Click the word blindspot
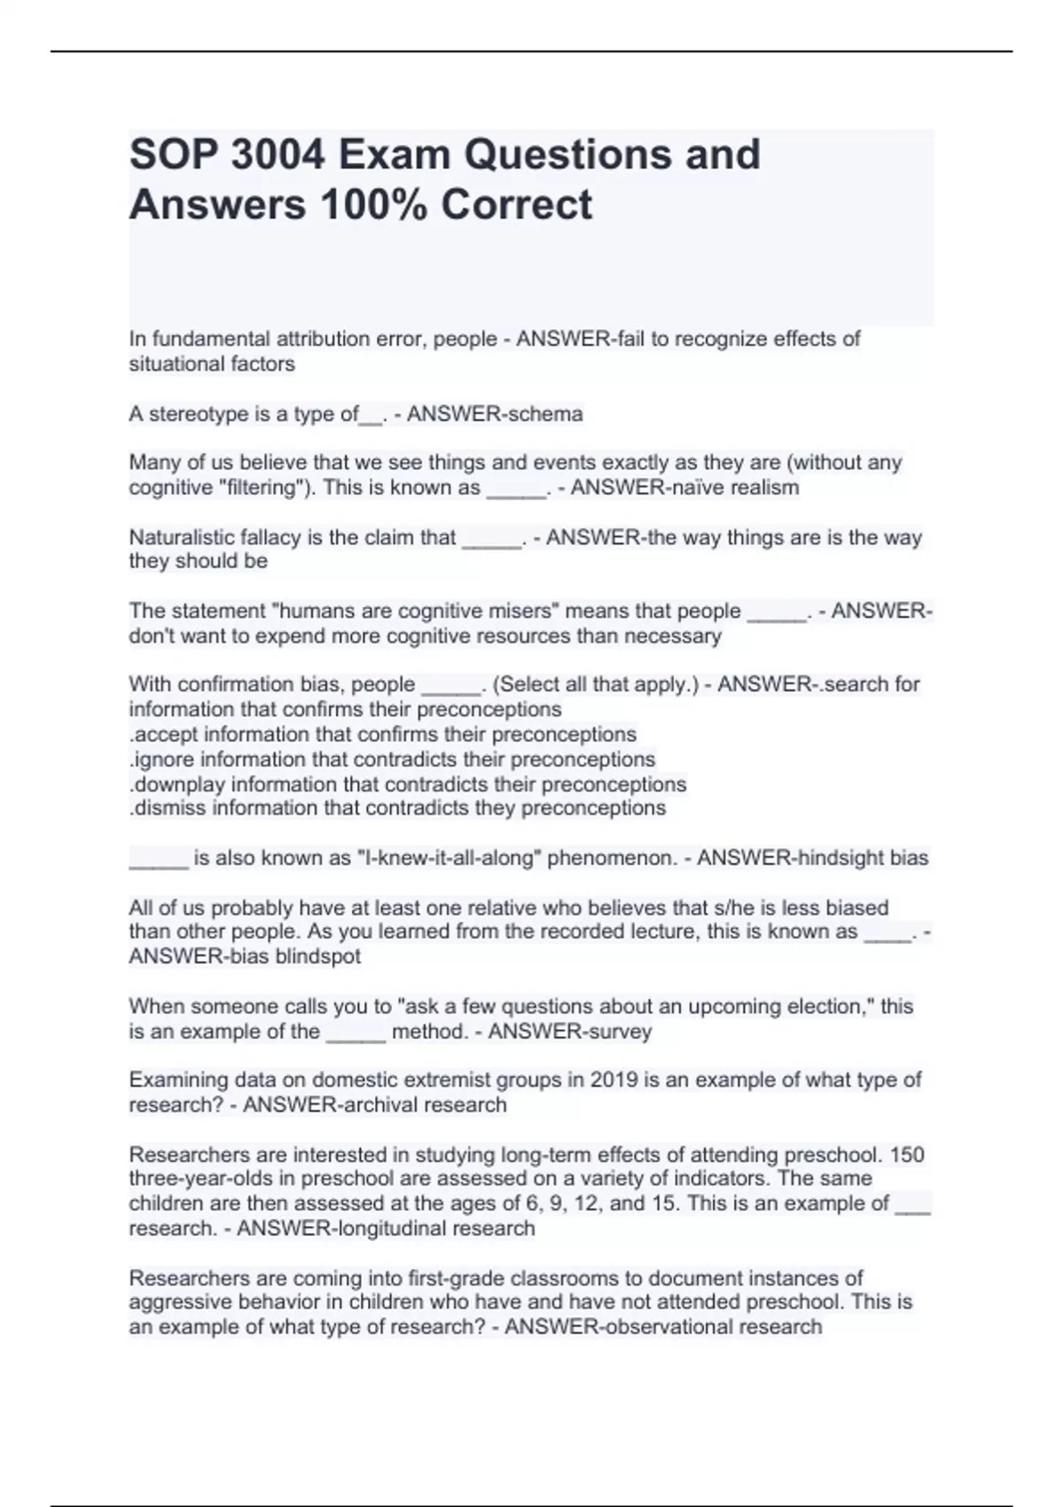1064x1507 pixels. pyautogui.click(x=318, y=957)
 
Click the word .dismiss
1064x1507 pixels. pyautogui.click(x=168, y=808)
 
